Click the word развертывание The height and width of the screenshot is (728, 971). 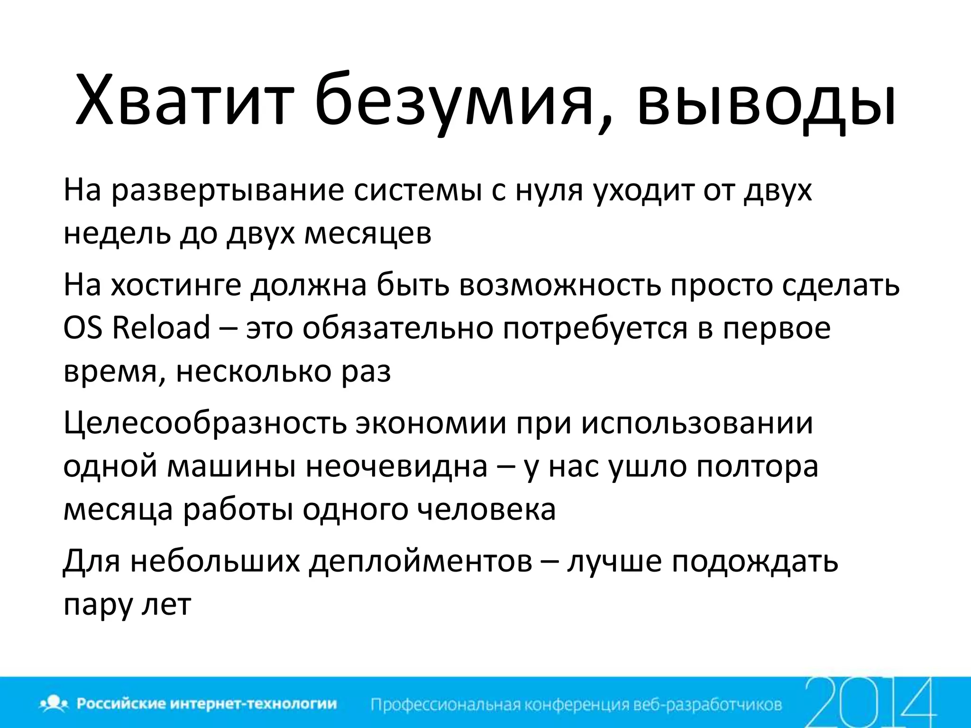pyautogui.click(x=228, y=191)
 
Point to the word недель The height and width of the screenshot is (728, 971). pyautogui.click(x=117, y=233)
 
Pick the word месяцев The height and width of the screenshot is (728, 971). pyautogui.click(x=367, y=233)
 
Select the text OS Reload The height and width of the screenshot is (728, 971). pyautogui.click(x=137, y=328)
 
